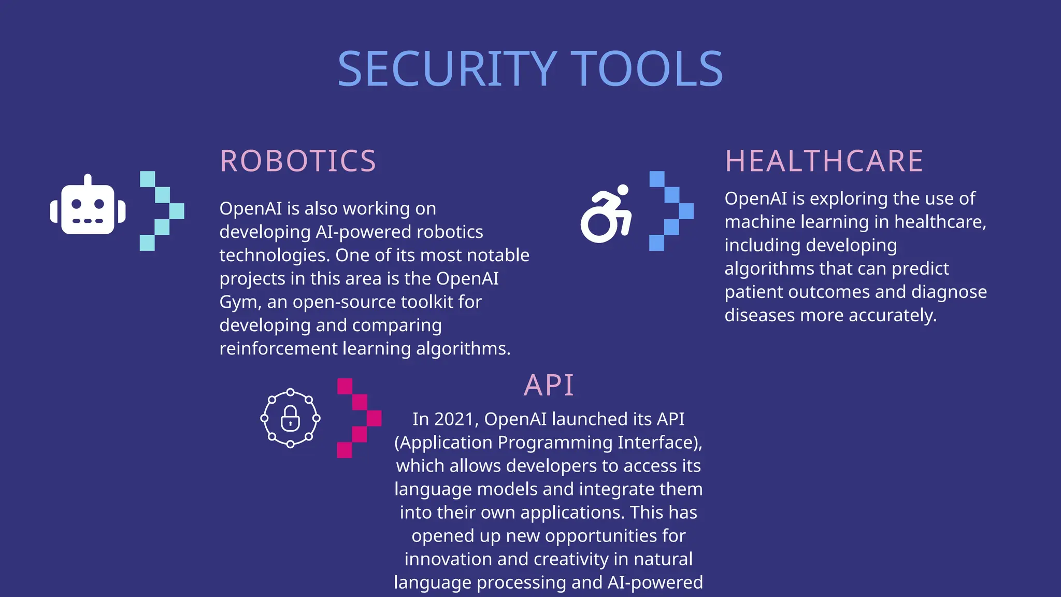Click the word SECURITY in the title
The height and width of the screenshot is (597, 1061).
pos(447,69)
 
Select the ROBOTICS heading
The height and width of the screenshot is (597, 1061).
pos(298,161)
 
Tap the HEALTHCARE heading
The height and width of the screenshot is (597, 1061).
pos(824,161)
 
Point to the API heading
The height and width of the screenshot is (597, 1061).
pos(549,385)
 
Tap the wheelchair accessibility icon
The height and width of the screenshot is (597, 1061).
pos(606,215)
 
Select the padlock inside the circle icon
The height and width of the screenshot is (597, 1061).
pos(290,418)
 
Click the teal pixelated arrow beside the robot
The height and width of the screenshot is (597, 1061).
pos(162,211)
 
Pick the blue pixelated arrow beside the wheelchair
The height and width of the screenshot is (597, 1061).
pos(671,211)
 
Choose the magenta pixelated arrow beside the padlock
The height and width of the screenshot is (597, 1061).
pos(359,418)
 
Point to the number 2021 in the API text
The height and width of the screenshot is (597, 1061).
pos(453,419)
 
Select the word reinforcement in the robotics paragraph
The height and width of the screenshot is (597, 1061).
pos(278,349)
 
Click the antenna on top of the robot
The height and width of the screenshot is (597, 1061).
pos(88,179)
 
